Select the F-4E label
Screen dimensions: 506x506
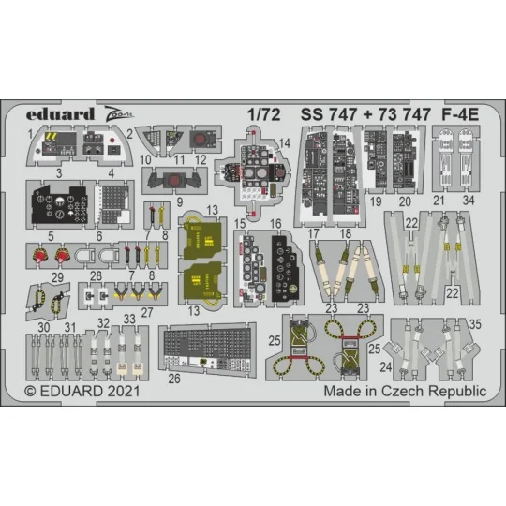[x=458, y=115]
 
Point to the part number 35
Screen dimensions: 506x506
[x=475, y=325]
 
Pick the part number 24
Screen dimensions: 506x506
[x=386, y=379]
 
